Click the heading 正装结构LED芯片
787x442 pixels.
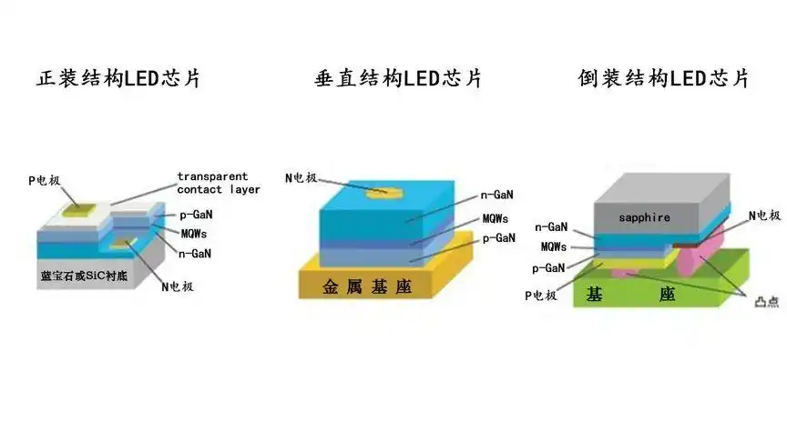click(118, 78)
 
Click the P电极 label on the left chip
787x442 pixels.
click(45, 181)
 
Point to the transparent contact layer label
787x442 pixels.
click(219, 183)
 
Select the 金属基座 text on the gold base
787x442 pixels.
click(367, 287)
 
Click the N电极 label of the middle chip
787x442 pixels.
click(302, 177)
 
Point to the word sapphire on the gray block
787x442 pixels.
click(644, 217)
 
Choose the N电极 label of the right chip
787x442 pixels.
click(764, 216)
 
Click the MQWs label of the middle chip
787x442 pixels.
click(496, 218)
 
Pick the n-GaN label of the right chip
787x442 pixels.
click(553, 228)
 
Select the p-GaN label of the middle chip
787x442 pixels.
click(498, 238)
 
